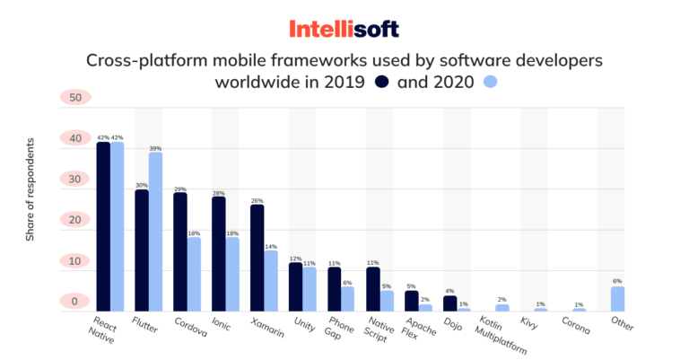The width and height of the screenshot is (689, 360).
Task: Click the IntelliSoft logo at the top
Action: [x=344, y=29]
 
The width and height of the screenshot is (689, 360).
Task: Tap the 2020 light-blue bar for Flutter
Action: [x=155, y=231]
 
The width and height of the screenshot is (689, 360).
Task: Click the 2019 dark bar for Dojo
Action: [x=450, y=303]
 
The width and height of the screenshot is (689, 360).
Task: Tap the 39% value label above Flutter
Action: [x=156, y=147]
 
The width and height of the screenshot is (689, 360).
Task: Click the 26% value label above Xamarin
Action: [x=257, y=200]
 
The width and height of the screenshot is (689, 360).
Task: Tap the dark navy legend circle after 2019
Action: [x=381, y=82]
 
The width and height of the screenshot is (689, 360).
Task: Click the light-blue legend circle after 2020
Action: [x=490, y=82]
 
